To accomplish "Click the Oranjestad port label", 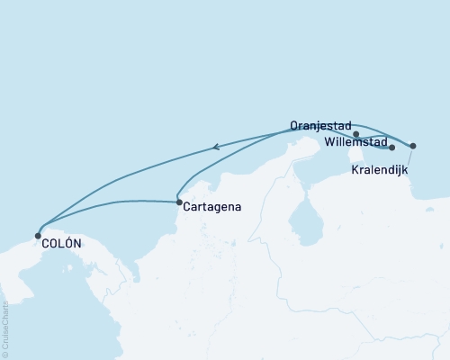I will click(x=320, y=127).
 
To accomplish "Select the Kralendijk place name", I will click(x=383, y=168).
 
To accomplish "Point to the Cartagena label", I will click(x=211, y=207).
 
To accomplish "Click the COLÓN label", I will click(x=61, y=244).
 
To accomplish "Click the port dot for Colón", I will click(x=38, y=236).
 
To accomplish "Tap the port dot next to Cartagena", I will click(x=179, y=202).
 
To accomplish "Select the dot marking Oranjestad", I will click(x=357, y=134).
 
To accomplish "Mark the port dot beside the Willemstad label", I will click(x=392, y=148).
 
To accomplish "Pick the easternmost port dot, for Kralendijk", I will click(x=413, y=146).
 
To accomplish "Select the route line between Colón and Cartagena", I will click(x=108, y=203).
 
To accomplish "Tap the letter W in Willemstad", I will click(x=328, y=142).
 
